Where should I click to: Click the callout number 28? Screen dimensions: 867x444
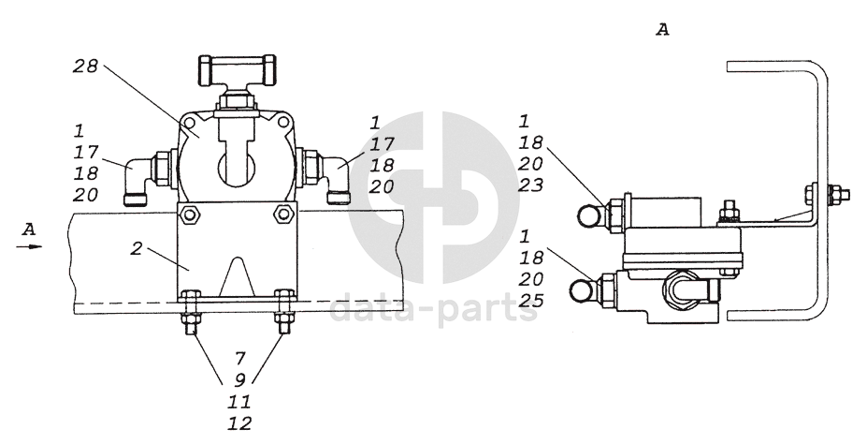pos(86,67)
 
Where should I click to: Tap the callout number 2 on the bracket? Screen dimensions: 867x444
pos(137,248)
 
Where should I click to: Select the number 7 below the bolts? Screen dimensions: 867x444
pos(239,359)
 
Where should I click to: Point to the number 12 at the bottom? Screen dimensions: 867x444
pos(239,423)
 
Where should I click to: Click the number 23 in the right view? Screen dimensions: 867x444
pos(531,185)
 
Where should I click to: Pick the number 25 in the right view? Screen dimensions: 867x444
pos(531,301)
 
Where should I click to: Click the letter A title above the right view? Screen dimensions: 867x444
pos(662,29)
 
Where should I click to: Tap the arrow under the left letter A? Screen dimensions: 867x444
pos(29,246)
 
